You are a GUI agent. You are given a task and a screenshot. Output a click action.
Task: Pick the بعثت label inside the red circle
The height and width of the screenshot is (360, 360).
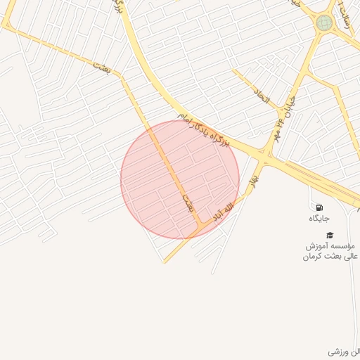point(187,202)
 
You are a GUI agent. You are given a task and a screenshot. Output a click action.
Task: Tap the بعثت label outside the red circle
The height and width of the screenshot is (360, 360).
point(100,66)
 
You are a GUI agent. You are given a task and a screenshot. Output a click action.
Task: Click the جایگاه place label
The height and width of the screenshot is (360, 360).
point(319,219)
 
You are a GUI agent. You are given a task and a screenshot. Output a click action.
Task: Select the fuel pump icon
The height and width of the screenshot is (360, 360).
point(320,208)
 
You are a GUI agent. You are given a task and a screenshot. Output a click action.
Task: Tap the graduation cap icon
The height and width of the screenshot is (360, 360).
point(330,235)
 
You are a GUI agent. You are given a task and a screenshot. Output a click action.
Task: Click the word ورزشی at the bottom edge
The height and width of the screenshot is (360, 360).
point(337,350)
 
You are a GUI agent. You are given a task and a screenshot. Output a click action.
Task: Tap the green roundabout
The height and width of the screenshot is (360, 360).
point(324,23)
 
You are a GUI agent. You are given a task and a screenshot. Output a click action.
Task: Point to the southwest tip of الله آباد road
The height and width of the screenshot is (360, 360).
point(165,262)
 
